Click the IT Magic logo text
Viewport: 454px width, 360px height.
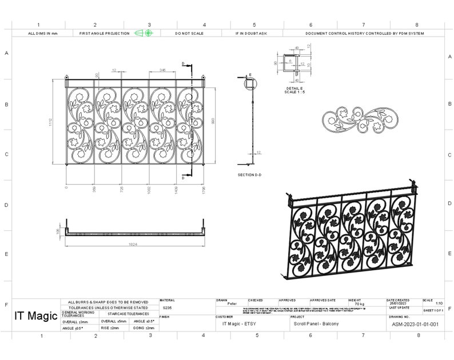35,315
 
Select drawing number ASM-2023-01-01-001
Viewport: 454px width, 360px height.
415,324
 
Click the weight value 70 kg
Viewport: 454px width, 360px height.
359,304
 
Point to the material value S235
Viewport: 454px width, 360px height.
167,307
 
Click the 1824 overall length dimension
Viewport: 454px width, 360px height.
133,244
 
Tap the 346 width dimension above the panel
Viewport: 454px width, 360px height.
162,70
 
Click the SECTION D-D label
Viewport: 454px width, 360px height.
249,174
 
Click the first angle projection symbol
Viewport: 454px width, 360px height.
144,33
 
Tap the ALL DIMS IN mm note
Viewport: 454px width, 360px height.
43,34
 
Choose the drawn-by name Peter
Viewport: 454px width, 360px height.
232,304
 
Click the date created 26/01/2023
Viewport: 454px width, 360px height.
399,303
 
